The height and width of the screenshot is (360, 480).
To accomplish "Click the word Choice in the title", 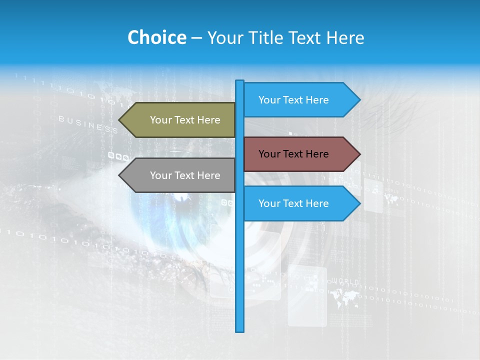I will pos(156,37).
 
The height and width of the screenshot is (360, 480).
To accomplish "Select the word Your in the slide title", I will pos(225,37).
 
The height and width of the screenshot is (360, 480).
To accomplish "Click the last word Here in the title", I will pos(345,37).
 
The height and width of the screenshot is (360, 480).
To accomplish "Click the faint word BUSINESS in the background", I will pos(88,124).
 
